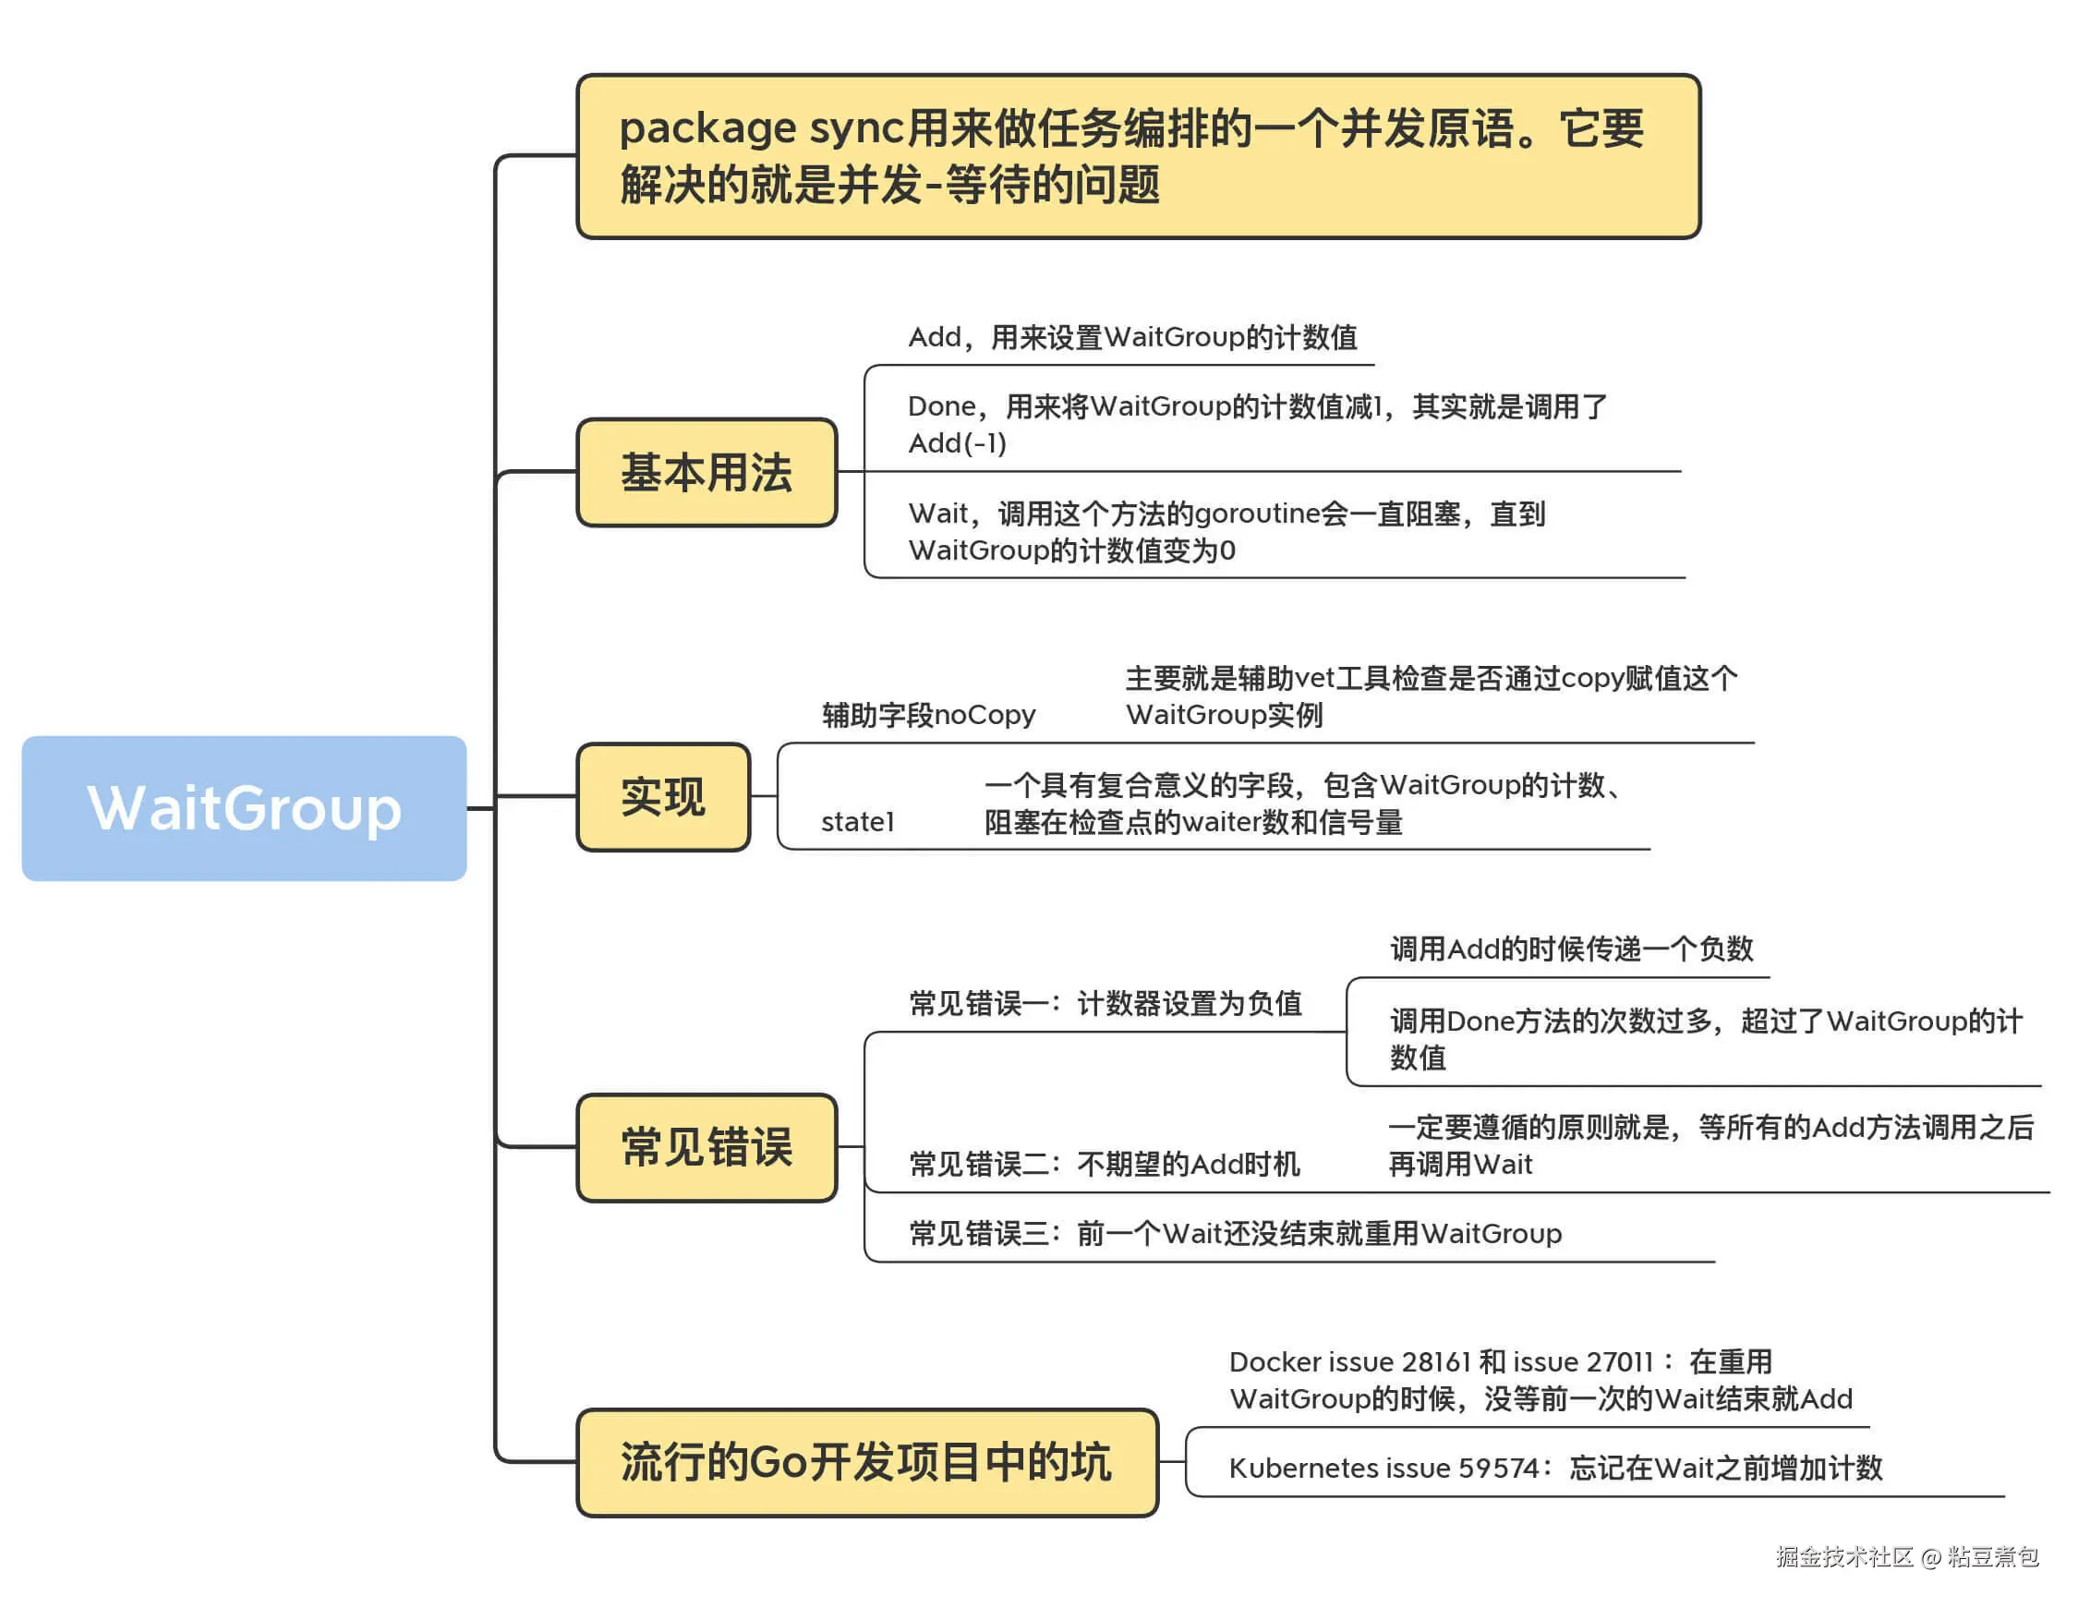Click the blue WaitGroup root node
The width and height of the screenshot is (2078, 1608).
[x=244, y=808]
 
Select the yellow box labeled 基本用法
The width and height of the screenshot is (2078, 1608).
[x=706, y=472]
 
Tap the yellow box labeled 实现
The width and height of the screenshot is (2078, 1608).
[x=663, y=796]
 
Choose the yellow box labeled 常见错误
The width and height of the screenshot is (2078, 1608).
[x=706, y=1146]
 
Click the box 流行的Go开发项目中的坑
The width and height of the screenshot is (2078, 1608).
[x=866, y=1461]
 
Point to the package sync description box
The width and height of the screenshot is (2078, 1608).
[x=1137, y=156]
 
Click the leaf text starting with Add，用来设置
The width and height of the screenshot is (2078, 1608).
[x=1132, y=337]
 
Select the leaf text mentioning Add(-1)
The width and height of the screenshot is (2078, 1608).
[x=1256, y=424]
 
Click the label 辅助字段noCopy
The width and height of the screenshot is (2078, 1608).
[x=927, y=715]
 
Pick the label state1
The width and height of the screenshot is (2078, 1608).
[x=857, y=821]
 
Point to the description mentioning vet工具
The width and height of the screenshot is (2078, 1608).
[x=1430, y=695]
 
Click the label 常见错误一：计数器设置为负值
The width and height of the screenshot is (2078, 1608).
[x=1105, y=1003]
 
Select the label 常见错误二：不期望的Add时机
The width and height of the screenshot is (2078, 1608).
[x=1104, y=1164]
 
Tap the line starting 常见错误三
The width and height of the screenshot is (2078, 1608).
[x=1234, y=1233]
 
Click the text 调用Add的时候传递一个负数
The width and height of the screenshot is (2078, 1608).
[x=1571, y=949]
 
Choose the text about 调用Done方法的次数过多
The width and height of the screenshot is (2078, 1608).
[x=1705, y=1038]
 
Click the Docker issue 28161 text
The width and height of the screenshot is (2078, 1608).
[x=1540, y=1380]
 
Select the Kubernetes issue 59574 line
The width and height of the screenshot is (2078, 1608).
[x=1554, y=1468]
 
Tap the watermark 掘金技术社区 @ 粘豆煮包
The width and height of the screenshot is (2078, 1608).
[x=1906, y=1556]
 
